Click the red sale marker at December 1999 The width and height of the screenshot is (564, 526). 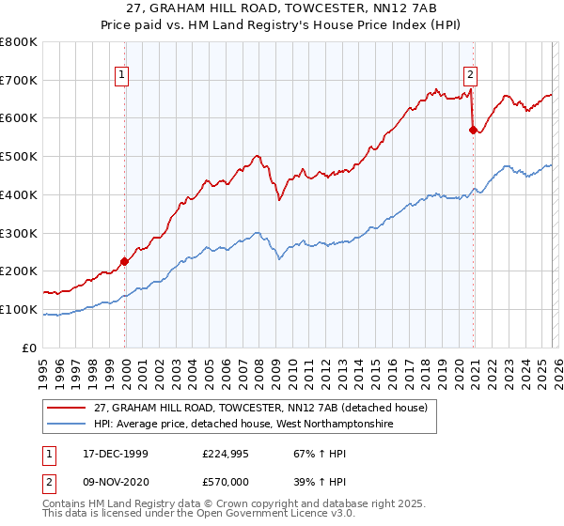pos(124,261)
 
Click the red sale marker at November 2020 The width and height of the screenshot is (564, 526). pos(472,130)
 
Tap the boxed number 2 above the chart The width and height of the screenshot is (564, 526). pos(470,77)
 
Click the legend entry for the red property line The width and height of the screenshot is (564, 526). pos(260,408)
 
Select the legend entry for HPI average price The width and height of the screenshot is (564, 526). pos(243,425)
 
